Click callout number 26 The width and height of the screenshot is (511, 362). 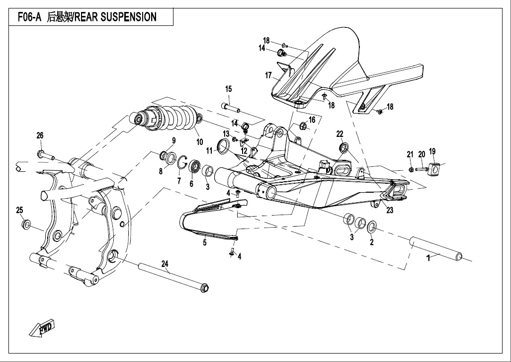40,135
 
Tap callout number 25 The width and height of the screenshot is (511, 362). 20,210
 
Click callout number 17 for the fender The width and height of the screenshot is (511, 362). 268,76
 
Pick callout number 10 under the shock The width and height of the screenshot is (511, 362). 199,142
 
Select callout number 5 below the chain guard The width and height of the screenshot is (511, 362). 204,243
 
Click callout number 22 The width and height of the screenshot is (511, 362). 340,134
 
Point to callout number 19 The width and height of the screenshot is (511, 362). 432,151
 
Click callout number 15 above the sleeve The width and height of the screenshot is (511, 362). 228,89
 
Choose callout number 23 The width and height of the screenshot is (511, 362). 390,210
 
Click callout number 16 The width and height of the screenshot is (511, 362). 312,120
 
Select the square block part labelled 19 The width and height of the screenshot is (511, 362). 433,170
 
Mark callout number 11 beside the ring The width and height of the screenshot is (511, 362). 210,150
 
